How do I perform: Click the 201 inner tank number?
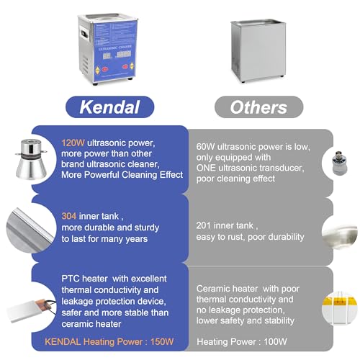pyautogui.click(x=204, y=225)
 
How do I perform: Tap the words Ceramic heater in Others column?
pyautogui.click(x=225, y=287)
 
